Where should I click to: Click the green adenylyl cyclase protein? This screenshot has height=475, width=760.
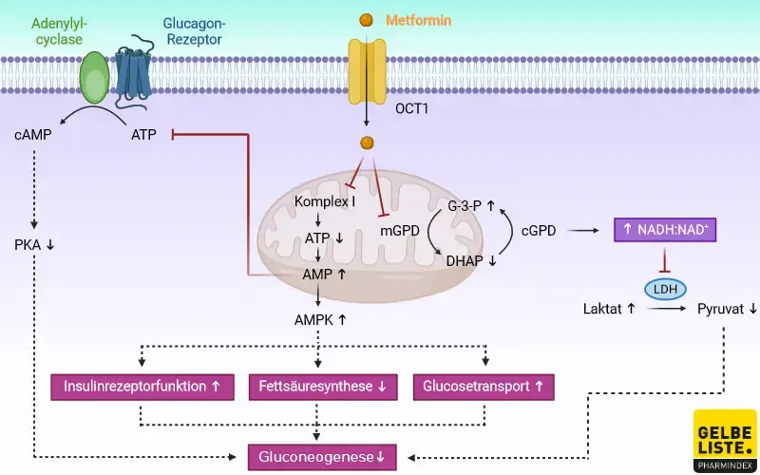[x=94, y=77]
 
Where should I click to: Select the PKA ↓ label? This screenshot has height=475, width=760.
[x=36, y=244]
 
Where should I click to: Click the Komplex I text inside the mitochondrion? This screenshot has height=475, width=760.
[x=325, y=202]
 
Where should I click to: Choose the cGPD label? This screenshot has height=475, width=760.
[x=539, y=230]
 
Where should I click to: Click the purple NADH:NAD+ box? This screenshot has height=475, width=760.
[x=664, y=229]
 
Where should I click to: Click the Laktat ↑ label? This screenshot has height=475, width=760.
[x=609, y=309]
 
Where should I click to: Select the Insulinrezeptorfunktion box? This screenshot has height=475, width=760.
[x=142, y=387]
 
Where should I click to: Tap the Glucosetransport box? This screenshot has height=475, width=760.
[x=483, y=387]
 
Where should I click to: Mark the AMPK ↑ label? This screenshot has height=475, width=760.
[x=319, y=319]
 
